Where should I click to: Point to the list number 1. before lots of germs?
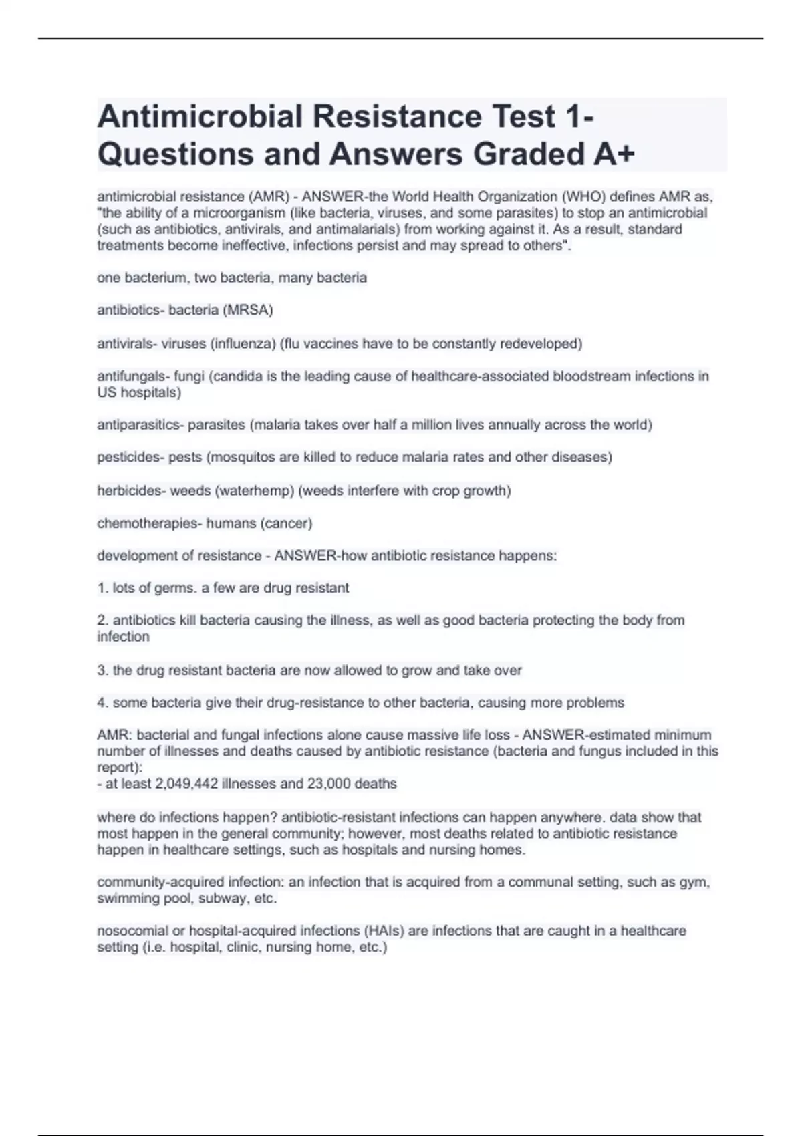[102, 588]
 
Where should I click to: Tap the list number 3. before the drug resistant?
[102, 670]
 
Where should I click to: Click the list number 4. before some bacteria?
[102, 703]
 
